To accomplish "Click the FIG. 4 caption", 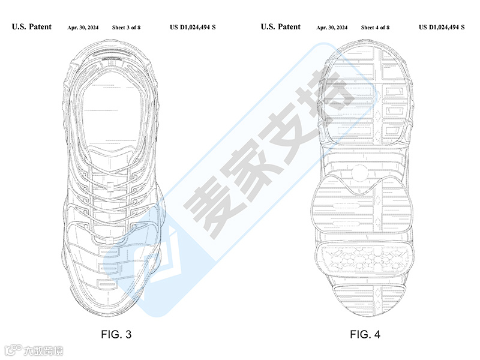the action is pos(365,334).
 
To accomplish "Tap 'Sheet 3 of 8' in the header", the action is pos(126,28).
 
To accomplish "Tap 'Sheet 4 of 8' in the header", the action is pos(375,28).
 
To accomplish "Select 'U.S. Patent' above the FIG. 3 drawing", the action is pos(32,27).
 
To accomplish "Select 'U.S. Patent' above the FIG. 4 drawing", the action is pos(281,27).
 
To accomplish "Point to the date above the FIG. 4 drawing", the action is pos(332,28).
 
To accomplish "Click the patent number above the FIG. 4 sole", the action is pos(442,28).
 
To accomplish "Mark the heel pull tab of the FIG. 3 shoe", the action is pos(114,60).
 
